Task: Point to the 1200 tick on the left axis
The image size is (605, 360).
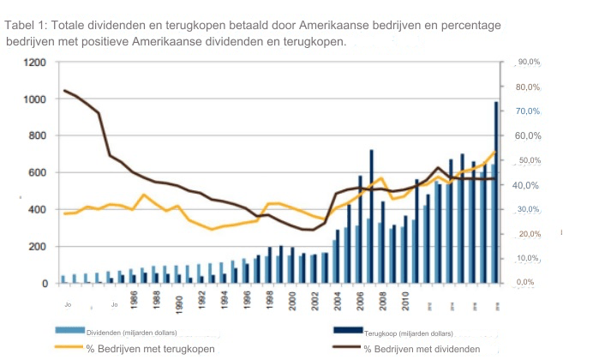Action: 34,63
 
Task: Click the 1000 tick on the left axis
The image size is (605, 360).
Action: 34,99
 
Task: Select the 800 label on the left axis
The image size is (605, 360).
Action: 37,135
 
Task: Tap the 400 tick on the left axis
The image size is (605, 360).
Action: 37,209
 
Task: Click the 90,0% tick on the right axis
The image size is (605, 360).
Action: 528,63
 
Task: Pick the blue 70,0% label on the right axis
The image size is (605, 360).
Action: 528,111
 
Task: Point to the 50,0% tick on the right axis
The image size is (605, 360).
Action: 528,160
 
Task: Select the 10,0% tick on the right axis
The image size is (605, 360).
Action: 528,258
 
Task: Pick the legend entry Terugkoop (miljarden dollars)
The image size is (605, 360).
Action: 408,333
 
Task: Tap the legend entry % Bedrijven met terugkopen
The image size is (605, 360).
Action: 149,349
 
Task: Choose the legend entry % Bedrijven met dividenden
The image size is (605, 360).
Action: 421,349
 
